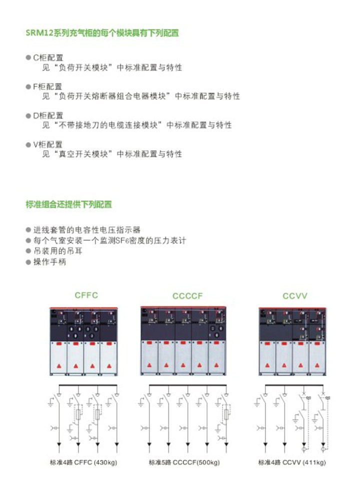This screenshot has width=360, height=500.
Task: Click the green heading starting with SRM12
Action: pyautogui.click(x=102, y=33)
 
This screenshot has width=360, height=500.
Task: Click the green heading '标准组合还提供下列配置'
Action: pyautogui.click(x=68, y=204)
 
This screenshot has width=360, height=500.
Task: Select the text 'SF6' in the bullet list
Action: pyautogui.click(x=122, y=241)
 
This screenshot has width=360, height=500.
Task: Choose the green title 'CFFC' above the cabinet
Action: pyautogui.click(x=86, y=295)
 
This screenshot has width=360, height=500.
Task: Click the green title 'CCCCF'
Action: pyautogui.click(x=187, y=296)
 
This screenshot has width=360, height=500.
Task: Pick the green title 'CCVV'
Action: pyautogui.click(x=295, y=296)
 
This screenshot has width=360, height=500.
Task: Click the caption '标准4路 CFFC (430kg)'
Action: pyautogui.click(x=83, y=462)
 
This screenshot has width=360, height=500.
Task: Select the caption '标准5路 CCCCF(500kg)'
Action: pyautogui.click(x=184, y=462)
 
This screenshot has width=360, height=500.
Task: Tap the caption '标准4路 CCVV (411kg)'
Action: pyautogui.click(x=292, y=462)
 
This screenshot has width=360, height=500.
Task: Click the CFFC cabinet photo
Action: pyautogui.click(x=83, y=341)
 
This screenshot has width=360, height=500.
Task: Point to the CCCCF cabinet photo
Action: pyautogui.click(x=183, y=341)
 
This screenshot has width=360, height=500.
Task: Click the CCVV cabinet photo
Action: pyautogui.click(x=292, y=341)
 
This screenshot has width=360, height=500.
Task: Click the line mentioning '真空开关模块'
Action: pyautogui.click(x=112, y=154)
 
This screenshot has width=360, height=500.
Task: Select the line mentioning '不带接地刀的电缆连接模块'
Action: pyautogui.click(x=137, y=125)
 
